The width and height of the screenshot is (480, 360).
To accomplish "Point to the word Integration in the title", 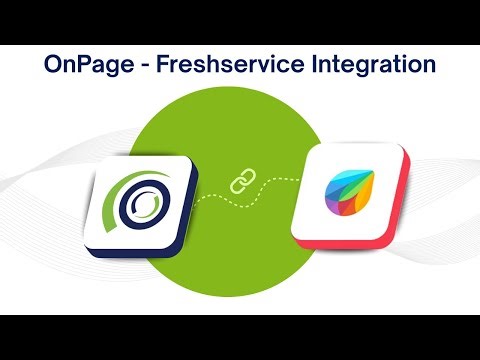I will coord(364,66).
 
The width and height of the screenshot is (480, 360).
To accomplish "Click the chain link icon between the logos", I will coord(240,183).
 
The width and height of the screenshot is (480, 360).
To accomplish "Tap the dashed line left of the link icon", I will coord(210,196).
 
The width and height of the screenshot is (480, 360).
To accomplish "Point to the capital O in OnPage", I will coord(54,66).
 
